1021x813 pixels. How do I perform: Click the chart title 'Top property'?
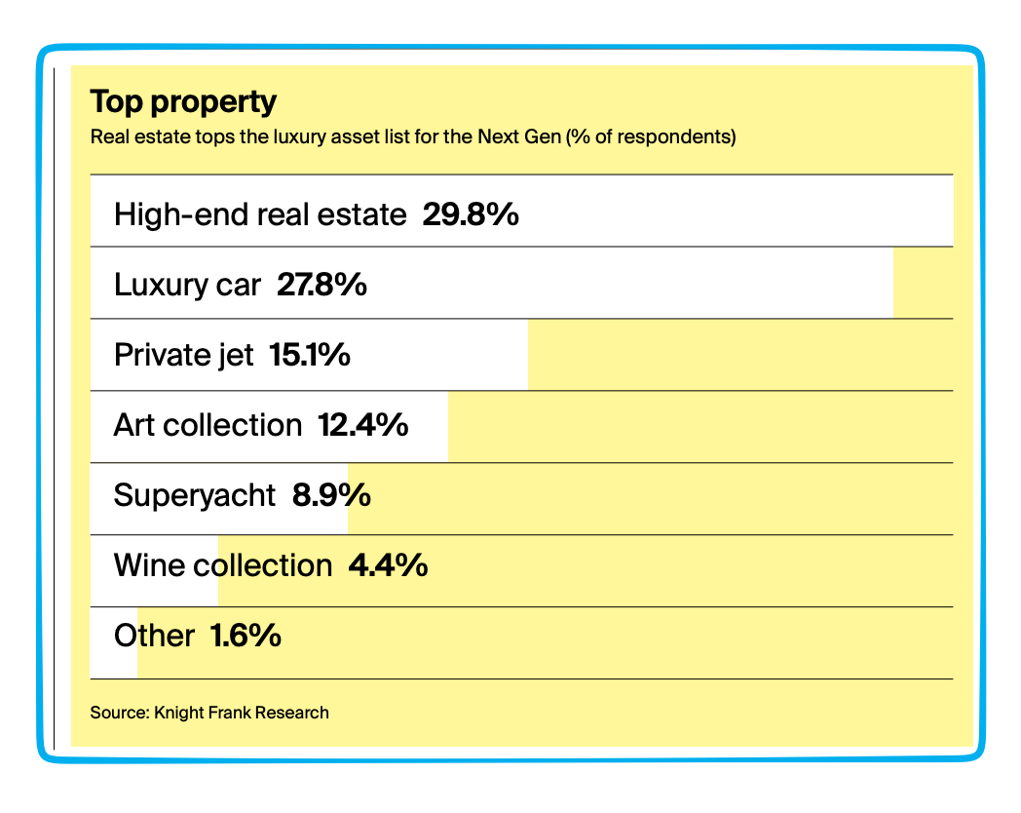tap(183, 101)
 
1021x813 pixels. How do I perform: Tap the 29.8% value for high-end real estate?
tap(471, 213)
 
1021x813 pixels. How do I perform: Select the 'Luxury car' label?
tap(187, 285)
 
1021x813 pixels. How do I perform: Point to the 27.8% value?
tap(321, 285)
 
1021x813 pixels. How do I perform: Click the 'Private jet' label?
tap(183, 354)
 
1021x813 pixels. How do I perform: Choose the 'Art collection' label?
tap(208, 425)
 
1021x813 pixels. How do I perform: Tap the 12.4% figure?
tap(362, 425)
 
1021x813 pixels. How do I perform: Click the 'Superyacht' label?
tap(195, 495)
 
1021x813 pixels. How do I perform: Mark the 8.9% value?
tap(331, 495)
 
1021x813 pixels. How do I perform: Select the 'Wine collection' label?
tap(223, 565)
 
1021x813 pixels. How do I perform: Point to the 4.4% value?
tap(388, 565)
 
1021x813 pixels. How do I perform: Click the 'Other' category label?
tap(154, 637)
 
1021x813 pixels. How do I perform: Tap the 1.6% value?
tap(246, 637)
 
